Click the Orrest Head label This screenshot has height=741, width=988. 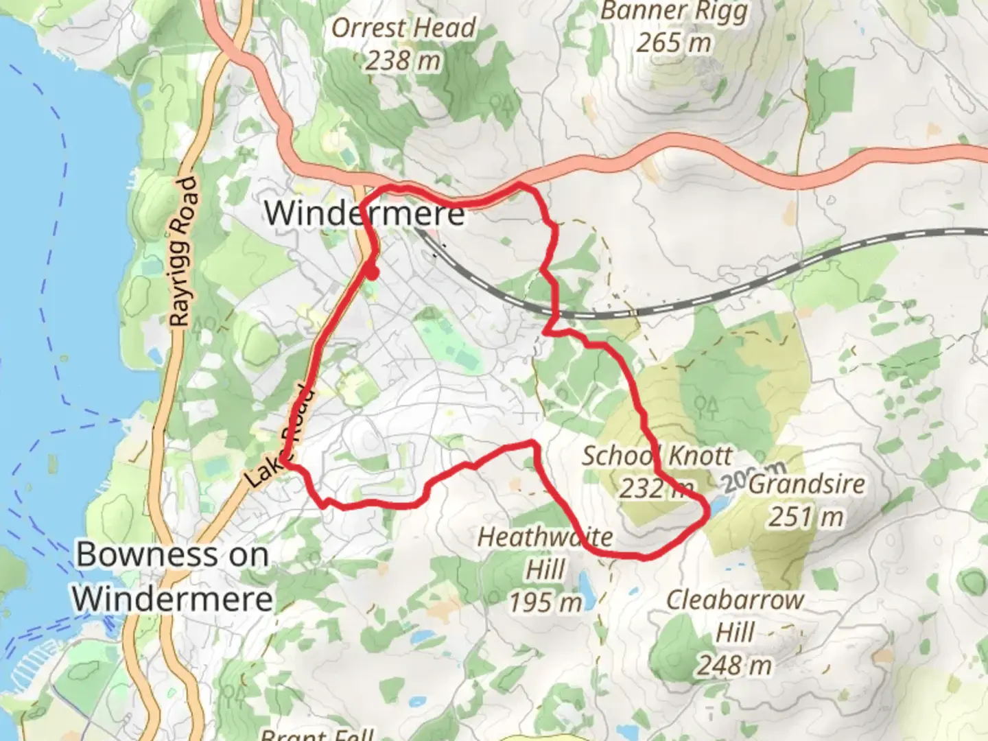pyautogui.click(x=403, y=27)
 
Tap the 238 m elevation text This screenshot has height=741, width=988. pyautogui.click(x=402, y=61)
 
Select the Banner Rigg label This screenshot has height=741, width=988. pyautogui.click(x=673, y=12)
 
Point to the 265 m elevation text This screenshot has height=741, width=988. pyautogui.click(x=673, y=43)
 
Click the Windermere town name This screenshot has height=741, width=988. pyautogui.click(x=364, y=213)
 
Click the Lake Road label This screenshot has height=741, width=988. pyautogui.click(x=281, y=440)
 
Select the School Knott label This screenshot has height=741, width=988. pyautogui.click(x=657, y=456)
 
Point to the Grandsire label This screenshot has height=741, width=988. pyautogui.click(x=806, y=484)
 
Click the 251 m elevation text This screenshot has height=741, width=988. pyautogui.click(x=805, y=516)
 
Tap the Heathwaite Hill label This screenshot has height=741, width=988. pyautogui.click(x=545, y=552)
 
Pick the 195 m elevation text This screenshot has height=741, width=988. pyautogui.click(x=545, y=602)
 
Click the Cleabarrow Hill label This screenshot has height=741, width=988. pyautogui.click(x=735, y=615)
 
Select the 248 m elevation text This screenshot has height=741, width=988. pyautogui.click(x=734, y=665)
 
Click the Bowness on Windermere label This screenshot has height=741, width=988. pyautogui.click(x=173, y=576)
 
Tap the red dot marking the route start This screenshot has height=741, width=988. pyautogui.click(x=371, y=272)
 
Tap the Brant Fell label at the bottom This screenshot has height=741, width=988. pyautogui.click(x=317, y=734)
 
